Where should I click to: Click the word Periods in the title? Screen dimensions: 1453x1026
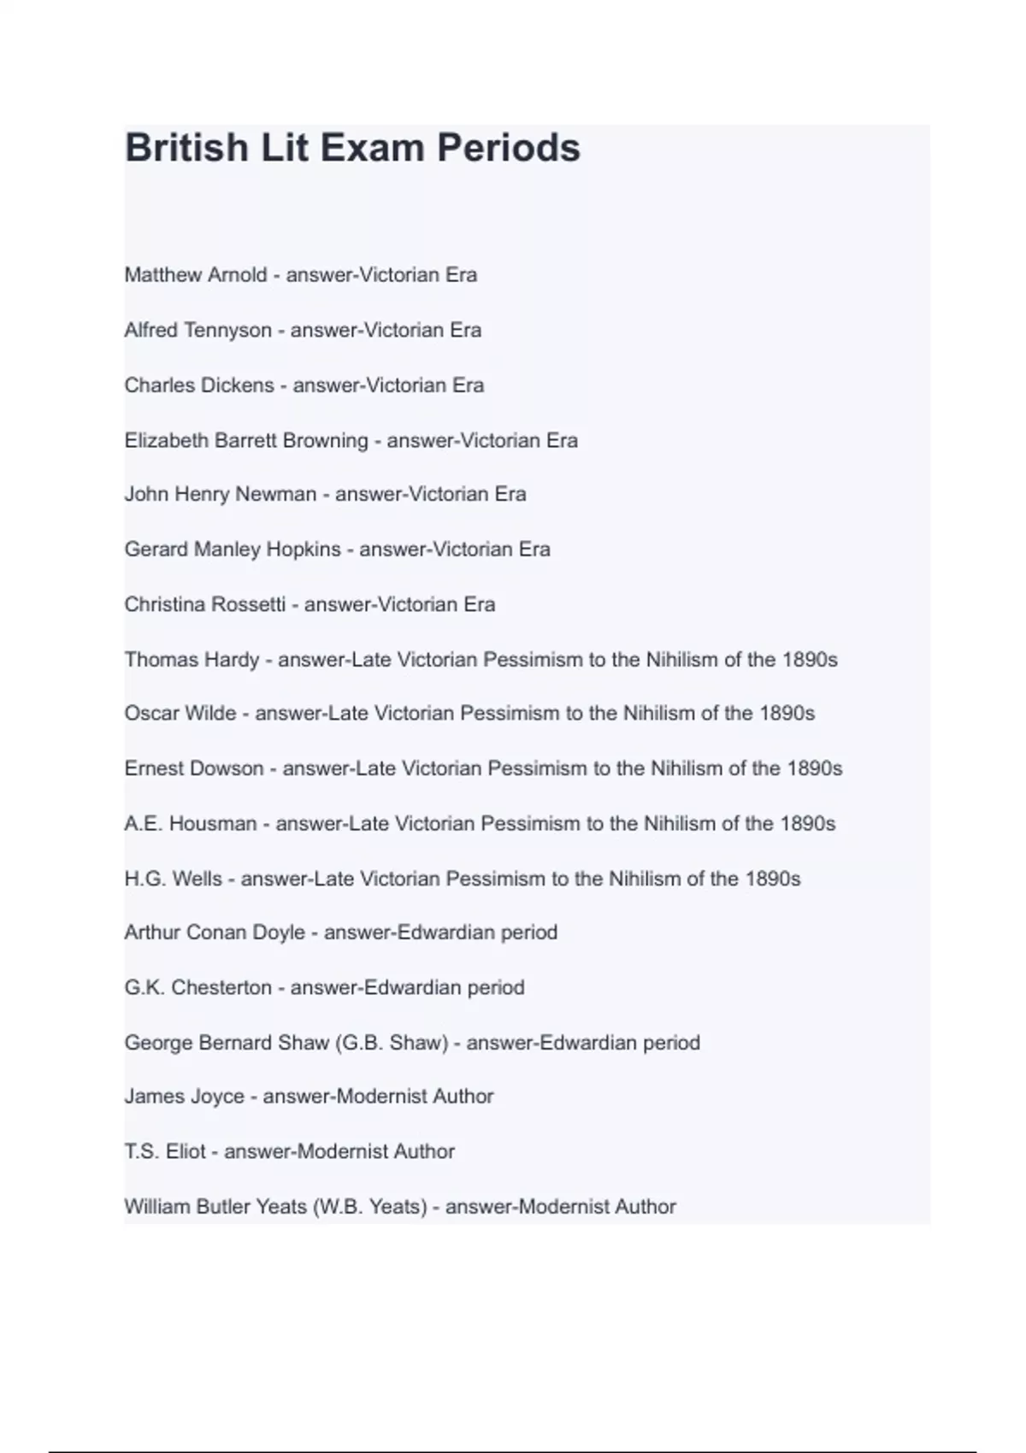[x=509, y=148]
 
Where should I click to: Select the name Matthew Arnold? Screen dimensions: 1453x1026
[x=196, y=275]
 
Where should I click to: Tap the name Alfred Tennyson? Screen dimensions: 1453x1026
[x=198, y=330]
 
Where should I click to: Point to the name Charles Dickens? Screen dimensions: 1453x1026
[x=199, y=385]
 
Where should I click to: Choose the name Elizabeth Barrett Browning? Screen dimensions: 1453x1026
[x=246, y=441]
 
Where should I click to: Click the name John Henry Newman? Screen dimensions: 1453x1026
[x=221, y=494]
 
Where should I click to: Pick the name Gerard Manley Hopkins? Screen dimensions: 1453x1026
[x=233, y=550]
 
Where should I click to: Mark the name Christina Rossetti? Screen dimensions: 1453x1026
[x=205, y=605]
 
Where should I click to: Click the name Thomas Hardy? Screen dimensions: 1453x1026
[x=192, y=660]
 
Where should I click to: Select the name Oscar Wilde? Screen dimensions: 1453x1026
[x=180, y=713]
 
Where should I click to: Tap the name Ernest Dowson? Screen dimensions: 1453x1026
[x=194, y=768]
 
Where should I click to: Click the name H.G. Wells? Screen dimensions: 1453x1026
[x=174, y=879]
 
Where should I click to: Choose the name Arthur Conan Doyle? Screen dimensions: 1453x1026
[x=215, y=932]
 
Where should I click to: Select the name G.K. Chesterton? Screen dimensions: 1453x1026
[x=198, y=988]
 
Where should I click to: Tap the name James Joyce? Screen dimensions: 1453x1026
[x=185, y=1097]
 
